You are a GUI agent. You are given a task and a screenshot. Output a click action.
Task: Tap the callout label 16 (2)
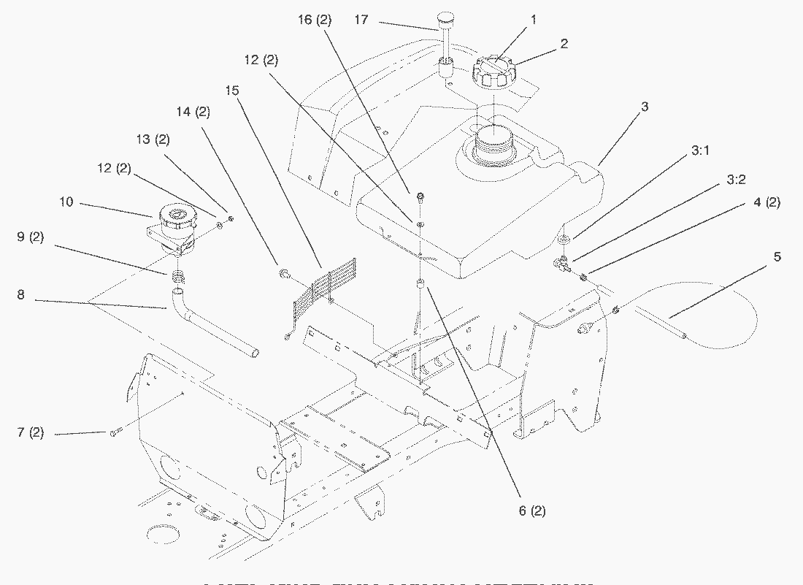click(x=315, y=20)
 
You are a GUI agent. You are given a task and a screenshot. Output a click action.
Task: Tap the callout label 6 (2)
click(x=532, y=511)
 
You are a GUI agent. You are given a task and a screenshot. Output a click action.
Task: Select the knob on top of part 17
click(x=445, y=17)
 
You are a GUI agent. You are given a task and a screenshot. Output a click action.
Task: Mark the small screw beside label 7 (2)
click(x=114, y=434)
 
